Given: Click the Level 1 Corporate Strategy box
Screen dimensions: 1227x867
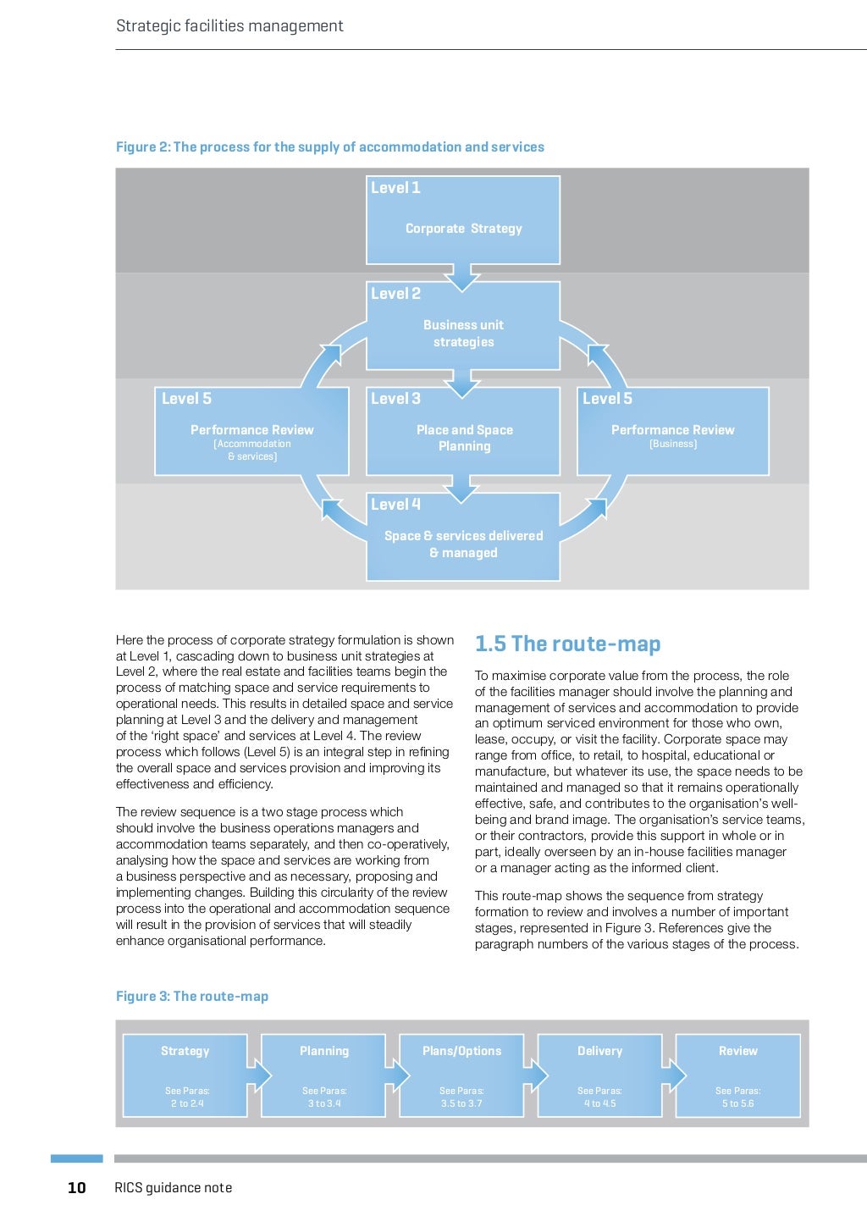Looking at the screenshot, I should pos(463,219).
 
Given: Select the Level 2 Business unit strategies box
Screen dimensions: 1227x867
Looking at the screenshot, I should pos(463,325).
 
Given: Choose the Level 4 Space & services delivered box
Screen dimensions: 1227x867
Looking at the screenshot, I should pos(463,537).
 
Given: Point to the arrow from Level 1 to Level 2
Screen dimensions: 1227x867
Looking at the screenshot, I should pos(462,277).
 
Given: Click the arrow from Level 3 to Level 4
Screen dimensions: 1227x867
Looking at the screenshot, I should pos(462,489).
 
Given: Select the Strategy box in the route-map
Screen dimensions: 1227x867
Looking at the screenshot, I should pos(185,1075).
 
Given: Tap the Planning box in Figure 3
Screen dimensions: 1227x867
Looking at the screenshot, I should pos(324,1075).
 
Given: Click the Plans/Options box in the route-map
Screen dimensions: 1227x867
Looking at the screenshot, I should pos(462,1075).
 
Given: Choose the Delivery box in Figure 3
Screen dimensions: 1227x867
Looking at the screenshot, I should pos(599,1075).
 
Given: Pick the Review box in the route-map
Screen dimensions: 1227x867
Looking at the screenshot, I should pos(738,1075).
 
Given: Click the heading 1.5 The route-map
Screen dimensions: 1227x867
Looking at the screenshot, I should pos(567,644).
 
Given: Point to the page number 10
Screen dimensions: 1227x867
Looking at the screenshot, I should pos(77,1188).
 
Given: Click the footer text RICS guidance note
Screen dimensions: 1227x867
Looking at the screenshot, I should pos(173,1188).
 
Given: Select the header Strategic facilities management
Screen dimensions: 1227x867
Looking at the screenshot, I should pos(229,26).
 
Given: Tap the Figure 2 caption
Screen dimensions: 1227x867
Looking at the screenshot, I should pos(330,147).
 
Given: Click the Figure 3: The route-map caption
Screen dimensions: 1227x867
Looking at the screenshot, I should pos(192,997).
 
